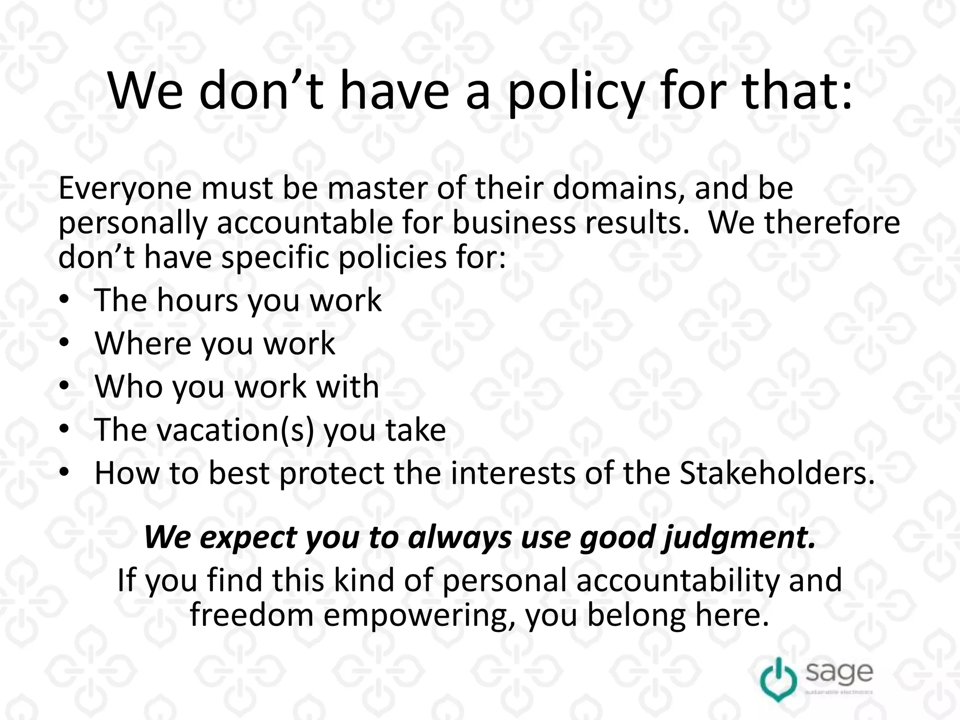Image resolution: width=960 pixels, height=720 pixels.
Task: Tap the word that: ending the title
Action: click(x=797, y=91)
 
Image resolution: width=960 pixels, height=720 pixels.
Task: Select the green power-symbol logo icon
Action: click(x=778, y=679)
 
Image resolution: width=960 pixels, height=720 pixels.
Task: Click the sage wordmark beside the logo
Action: click(x=840, y=674)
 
